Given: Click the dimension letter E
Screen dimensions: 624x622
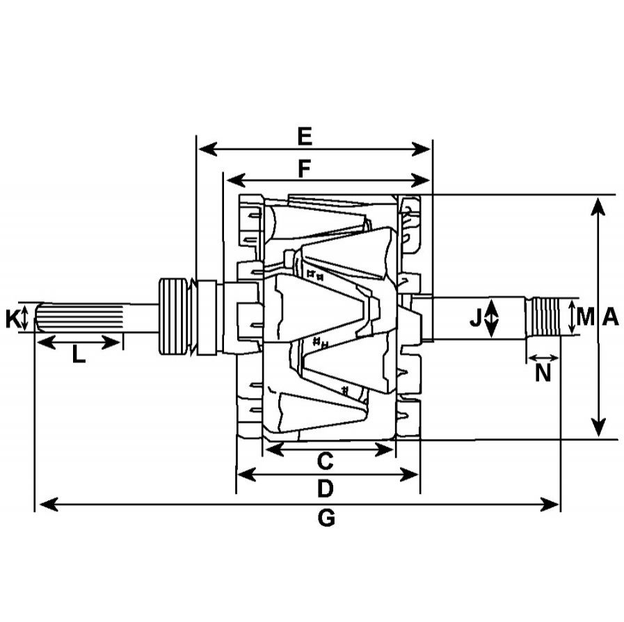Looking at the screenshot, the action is tap(305, 136).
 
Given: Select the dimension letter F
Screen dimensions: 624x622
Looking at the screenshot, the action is tap(305, 169).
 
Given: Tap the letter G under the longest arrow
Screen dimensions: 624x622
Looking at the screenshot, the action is tap(326, 518).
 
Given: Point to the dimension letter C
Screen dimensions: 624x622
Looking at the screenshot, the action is tap(325, 461).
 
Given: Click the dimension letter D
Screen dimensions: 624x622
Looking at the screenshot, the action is tap(325, 488).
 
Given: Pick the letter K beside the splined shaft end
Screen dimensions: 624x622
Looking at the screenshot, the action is tap(13, 319).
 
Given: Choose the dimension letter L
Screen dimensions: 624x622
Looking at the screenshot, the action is tap(79, 354).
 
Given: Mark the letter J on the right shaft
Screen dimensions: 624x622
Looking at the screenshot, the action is tap(476, 318).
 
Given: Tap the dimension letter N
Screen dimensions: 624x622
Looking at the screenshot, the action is tap(543, 373).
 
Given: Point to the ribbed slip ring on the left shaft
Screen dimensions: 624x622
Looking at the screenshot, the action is tap(173, 317).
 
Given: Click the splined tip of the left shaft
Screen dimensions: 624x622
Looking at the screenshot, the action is tap(79, 317).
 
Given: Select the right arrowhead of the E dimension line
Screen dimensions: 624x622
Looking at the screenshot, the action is tap(421, 149).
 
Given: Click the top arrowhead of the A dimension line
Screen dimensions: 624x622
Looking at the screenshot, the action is tap(598, 207).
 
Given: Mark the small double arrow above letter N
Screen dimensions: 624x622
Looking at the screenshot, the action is tap(543, 358).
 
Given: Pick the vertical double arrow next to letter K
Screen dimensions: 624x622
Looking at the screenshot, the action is tap(24, 318).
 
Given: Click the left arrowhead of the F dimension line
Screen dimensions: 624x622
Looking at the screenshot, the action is tap(236, 181).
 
